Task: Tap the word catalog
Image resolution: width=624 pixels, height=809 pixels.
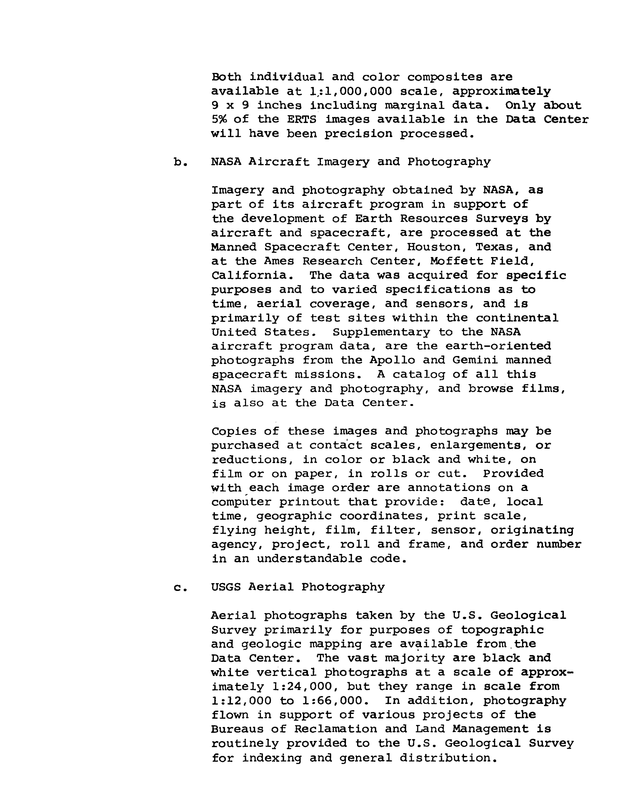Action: (x=419, y=375)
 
